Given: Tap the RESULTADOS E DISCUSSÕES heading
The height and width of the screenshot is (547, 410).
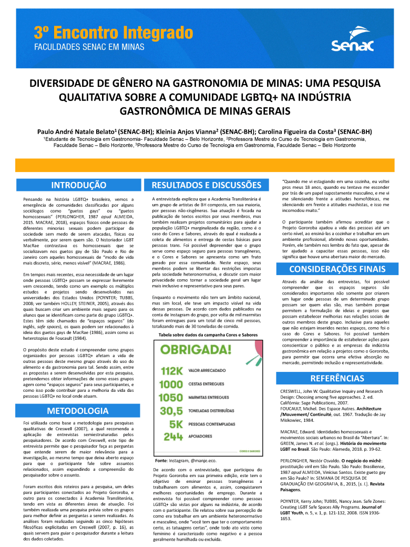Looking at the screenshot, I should [206, 185].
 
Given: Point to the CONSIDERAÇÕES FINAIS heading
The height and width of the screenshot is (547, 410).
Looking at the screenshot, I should [337, 269].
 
